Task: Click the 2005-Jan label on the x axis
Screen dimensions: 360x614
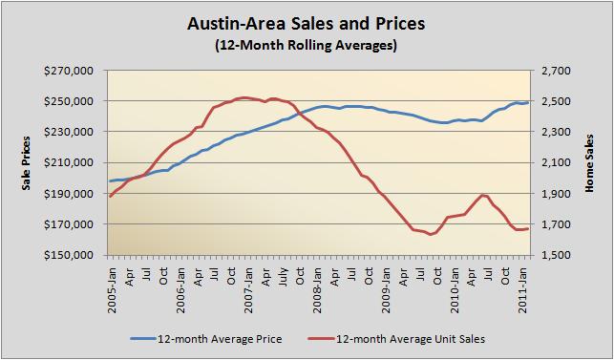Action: (x=111, y=283)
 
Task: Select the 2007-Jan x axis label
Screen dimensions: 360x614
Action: (x=248, y=283)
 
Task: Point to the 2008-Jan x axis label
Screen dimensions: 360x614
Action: (x=317, y=283)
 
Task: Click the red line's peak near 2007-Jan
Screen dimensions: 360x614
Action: (x=244, y=97)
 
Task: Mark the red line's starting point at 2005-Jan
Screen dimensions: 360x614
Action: (x=110, y=196)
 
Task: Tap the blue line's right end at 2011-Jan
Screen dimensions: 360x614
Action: (x=528, y=102)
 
